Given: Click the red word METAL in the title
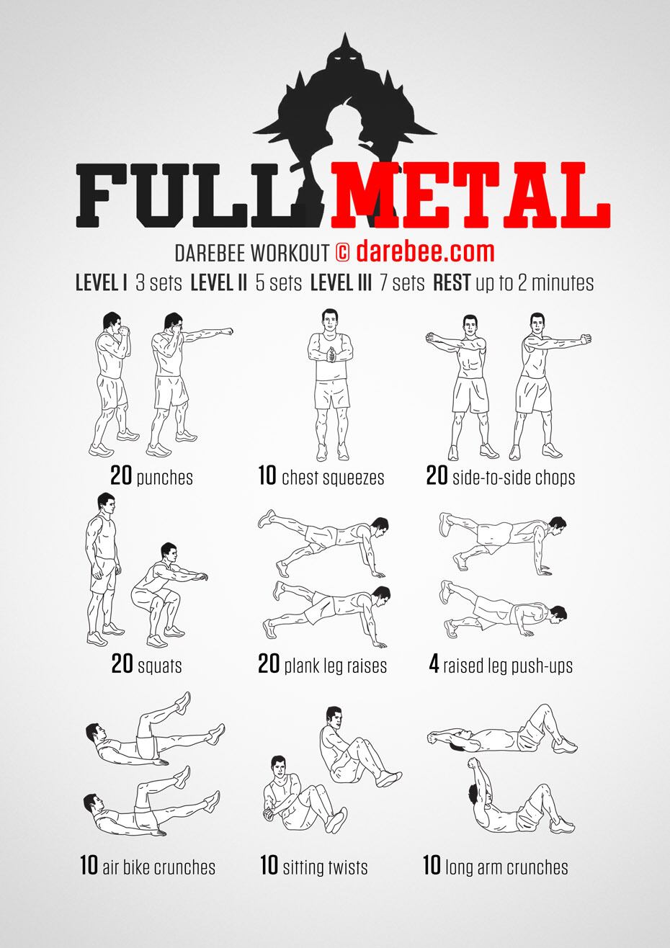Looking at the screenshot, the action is (470, 195).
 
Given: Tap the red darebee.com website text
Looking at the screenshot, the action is (425, 252).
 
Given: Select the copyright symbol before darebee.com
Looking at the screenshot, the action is (343, 253).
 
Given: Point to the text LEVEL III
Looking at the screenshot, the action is (341, 283).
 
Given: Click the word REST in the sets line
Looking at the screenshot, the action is (452, 283).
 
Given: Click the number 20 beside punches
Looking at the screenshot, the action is (121, 475).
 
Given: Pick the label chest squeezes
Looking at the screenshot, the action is (333, 478).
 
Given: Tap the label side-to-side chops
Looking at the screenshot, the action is (514, 478).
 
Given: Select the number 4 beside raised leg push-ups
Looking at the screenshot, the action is (434, 665).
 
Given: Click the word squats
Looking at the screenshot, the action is (160, 666).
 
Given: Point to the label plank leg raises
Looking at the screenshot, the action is (335, 666).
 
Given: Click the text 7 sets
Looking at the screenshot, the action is (402, 283).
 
